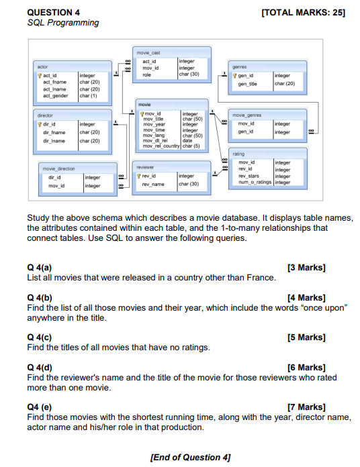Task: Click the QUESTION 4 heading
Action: coord(54,12)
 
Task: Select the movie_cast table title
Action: coord(148,51)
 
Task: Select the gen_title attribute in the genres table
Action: coord(248,83)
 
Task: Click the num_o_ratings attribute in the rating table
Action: coord(255,182)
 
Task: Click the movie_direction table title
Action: coord(58,169)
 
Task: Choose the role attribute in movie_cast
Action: coord(146,74)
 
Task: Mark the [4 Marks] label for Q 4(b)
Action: coord(306,297)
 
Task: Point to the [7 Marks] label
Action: coord(306,407)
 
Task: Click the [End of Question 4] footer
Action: coord(190,457)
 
